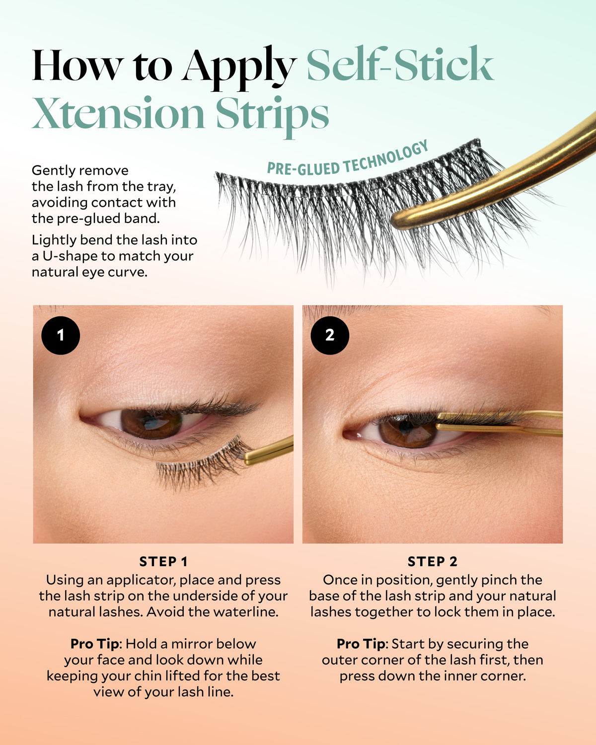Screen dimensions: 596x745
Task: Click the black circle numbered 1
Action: coord(61,335)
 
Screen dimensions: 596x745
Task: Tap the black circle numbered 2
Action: coord(330,335)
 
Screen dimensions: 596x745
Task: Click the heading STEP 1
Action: coord(163,562)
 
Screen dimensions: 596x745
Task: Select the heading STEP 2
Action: coord(433,562)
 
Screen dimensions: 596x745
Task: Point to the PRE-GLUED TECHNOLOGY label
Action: coord(348,158)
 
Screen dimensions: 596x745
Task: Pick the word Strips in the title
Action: coord(273,116)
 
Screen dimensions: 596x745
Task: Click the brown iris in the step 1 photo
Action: coord(151,423)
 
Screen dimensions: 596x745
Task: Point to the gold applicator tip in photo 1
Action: coord(248,457)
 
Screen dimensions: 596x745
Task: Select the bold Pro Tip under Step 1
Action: coord(94,644)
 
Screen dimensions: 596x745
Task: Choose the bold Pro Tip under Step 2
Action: coord(361,644)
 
